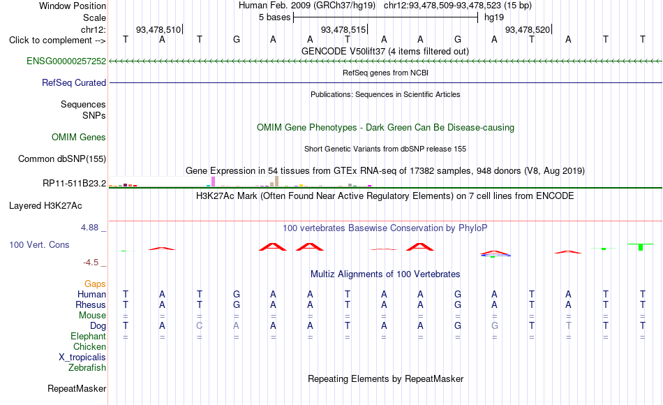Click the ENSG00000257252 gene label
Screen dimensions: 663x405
[x=66, y=61]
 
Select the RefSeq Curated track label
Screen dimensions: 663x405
[x=74, y=82]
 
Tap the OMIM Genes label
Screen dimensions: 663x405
[x=79, y=137]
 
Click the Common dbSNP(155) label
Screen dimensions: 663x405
[x=62, y=159]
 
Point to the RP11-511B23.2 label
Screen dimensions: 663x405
[x=75, y=183]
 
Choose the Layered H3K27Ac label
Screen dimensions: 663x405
[x=45, y=206]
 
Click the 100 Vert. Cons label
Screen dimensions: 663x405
[x=39, y=244]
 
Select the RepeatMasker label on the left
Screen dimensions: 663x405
[x=77, y=388]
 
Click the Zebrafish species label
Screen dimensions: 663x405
[x=87, y=367]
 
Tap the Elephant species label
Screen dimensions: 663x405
[x=89, y=336]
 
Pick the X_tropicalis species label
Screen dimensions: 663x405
[x=82, y=358]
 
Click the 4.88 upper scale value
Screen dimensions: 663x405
[x=89, y=227]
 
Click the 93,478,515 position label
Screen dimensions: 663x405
[x=343, y=29]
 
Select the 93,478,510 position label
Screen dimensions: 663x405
[x=158, y=29]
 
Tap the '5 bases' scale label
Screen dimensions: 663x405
[x=275, y=17]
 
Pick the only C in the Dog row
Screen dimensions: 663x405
[x=200, y=326]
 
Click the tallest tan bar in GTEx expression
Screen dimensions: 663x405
[x=277, y=181]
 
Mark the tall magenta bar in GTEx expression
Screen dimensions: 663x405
[x=214, y=182]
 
